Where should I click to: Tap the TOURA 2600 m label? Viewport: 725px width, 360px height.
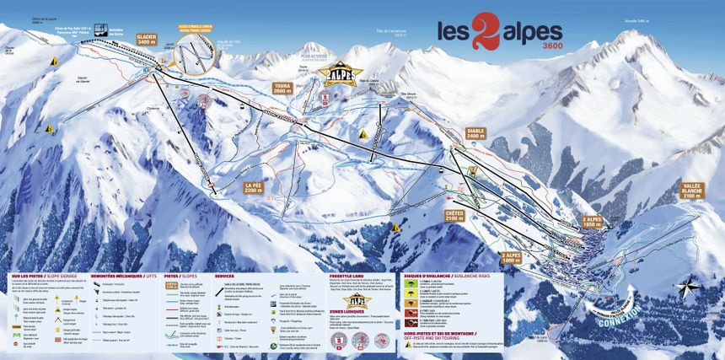[283, 89]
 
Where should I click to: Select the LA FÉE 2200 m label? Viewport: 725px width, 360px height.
[255, 186]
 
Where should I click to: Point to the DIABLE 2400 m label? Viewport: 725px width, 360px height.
[477, 134]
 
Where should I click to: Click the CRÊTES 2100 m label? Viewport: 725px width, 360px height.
[454, 217]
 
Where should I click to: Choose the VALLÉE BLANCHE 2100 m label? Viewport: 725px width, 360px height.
[694, 190]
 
